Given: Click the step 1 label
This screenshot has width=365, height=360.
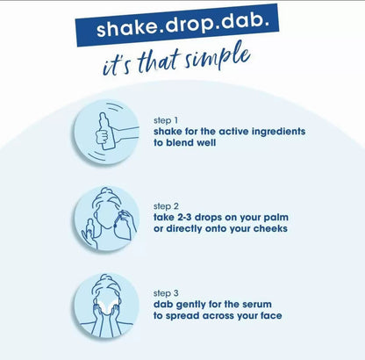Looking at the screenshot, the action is click(x=166, y=120).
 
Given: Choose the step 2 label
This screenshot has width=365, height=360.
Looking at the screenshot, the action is click(x=166, y=206).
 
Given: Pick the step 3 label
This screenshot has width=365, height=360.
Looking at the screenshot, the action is click(x=166, y=293).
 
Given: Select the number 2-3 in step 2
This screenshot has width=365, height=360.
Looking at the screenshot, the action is click(x=184, y=217).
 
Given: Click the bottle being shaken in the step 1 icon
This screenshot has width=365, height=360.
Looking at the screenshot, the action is click(x=105, y=131).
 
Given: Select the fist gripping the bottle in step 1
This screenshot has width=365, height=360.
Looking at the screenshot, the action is click(x=102, y=136).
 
